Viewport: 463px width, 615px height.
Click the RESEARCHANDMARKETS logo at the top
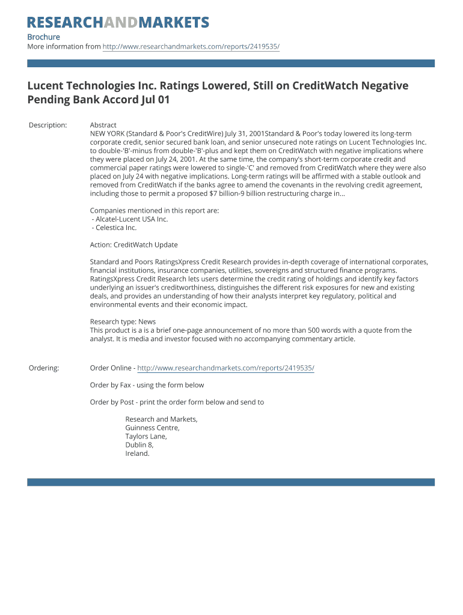pyautogui.click(x=118, y=23)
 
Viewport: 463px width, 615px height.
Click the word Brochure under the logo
pyautogui.click(x=43, y=37)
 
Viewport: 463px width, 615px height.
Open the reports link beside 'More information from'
pyautogui.click(x=191, y=47)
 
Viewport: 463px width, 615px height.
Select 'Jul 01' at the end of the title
pyautogui.click(x=155, y=100)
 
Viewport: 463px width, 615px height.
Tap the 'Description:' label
pyautogui.click(x=48, y=125)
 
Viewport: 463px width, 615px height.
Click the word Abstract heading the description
pyautogui.click(x=103, y=125)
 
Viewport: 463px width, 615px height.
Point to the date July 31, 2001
pyautogui.click(x=239, y=133)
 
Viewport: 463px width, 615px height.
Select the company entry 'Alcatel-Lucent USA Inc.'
pyautogui.click(x=130, y=219)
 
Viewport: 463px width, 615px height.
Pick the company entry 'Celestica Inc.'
pyautogui.click(x=114, y=228)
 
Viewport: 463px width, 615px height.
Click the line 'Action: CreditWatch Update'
pyautogui.click(x=133, y=245)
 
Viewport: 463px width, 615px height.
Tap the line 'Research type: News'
pyautogui.click(x=123, y=322)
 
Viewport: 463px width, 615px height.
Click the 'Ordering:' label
pyautogui.click(x=44, y=368)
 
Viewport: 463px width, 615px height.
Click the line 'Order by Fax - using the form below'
pyautogui.click(x=147, y=385)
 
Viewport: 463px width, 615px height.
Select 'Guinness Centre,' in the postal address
pyautogui.click(x=152, y=428)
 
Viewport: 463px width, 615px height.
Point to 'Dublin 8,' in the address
pyautogui.click(x=140, y=445)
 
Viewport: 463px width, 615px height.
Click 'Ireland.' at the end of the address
pyautogui.click(x=137, y=453)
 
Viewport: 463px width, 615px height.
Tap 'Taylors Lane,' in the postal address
pyautogui.click(x=146, y=437)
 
